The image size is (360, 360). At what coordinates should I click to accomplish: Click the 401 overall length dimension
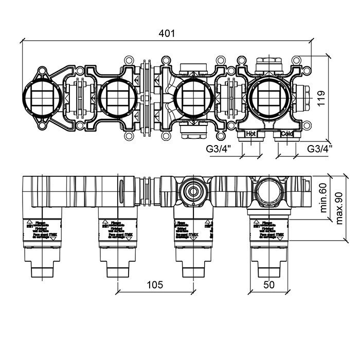168,33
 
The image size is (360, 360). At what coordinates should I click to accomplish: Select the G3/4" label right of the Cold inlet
320,149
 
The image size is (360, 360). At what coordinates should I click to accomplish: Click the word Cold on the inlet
287,134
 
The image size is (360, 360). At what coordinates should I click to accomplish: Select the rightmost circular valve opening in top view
269,98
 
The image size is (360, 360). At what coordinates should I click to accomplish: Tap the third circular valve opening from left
193,98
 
